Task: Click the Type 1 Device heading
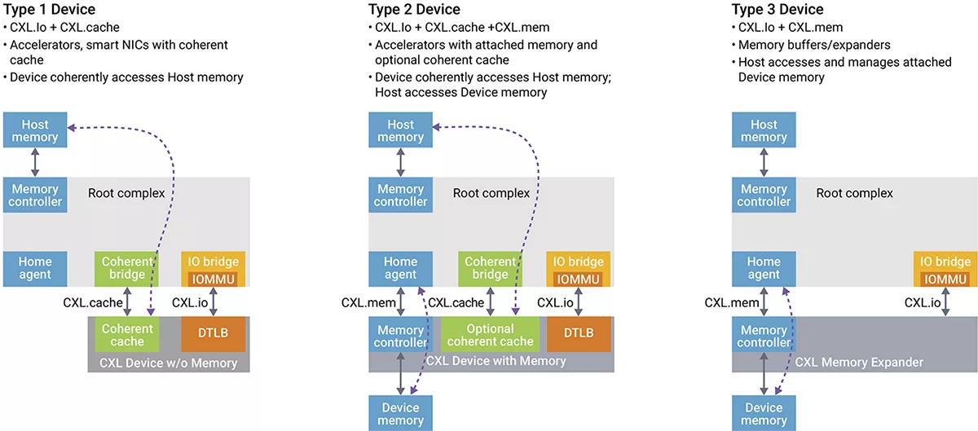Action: (x=49, y=10)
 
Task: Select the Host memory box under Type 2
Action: (x=400, y=131)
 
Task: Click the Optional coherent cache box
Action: (x=490, y=335)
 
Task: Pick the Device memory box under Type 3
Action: (x=764, y=413)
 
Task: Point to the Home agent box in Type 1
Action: (x=34, y=268)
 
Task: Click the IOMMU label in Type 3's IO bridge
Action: (x=945, y=279)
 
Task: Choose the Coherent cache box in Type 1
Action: (x=126, y=335)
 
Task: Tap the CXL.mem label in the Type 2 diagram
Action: (x=368, y=303)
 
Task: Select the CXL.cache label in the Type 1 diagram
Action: (x=92, y=303)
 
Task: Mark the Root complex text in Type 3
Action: (x=854, y=194)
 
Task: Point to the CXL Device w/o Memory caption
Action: (x=167, y=363)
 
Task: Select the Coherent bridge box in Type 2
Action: (x=490, y=268)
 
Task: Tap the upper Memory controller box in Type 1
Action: (x=34, y=195)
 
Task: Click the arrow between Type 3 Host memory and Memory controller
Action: (x=764, y=161)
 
